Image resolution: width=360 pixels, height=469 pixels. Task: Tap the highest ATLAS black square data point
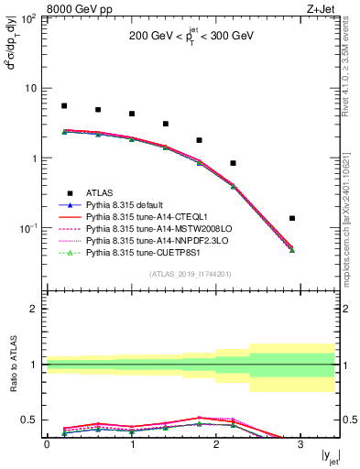click(64, 106)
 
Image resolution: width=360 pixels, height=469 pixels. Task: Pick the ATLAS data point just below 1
click(234, 163)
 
